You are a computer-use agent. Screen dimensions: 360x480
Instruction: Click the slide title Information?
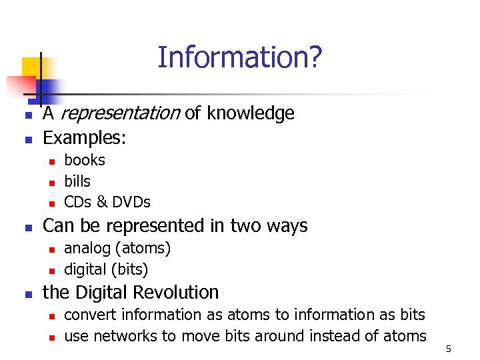tap(239, 57)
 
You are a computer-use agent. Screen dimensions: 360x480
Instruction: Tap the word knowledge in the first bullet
tap(250, 114)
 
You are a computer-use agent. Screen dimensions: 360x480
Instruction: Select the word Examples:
tap(84, 138)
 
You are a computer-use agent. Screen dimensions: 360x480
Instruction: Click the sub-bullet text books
tap(84, 160)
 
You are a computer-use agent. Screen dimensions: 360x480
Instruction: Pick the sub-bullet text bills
tap(77, 181)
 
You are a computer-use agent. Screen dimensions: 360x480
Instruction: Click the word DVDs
tap(131, 202)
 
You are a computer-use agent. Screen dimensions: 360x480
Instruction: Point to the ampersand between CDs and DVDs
tap(102, 202)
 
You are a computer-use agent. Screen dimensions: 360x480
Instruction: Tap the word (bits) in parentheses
tap(131, 269)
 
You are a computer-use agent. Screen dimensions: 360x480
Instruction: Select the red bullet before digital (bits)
tap(51, 271)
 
